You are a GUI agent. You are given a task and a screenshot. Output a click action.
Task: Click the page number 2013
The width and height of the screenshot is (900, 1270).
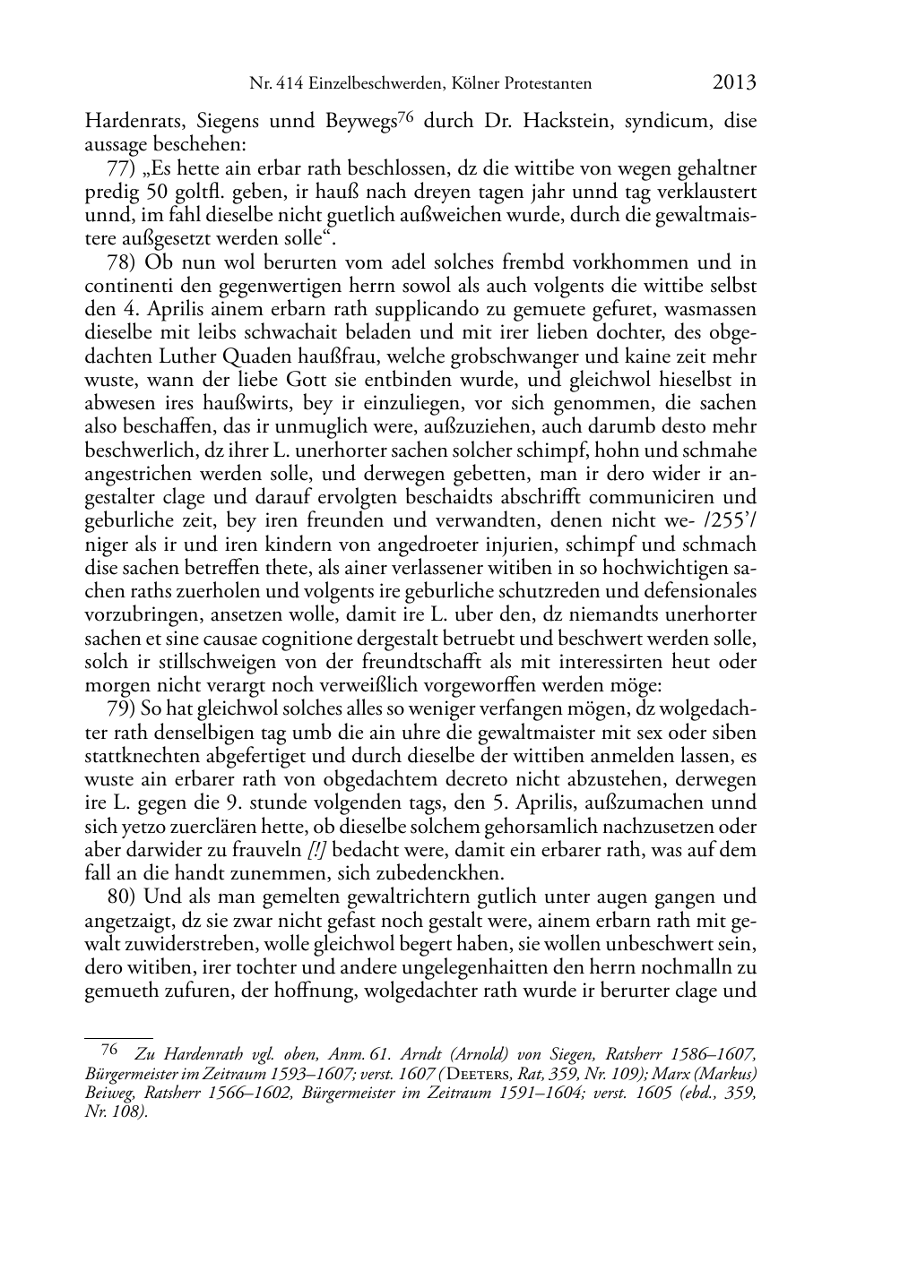(x=734, y=82)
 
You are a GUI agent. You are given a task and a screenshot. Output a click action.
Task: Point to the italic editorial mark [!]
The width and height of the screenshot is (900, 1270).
(x=316, y=849)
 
